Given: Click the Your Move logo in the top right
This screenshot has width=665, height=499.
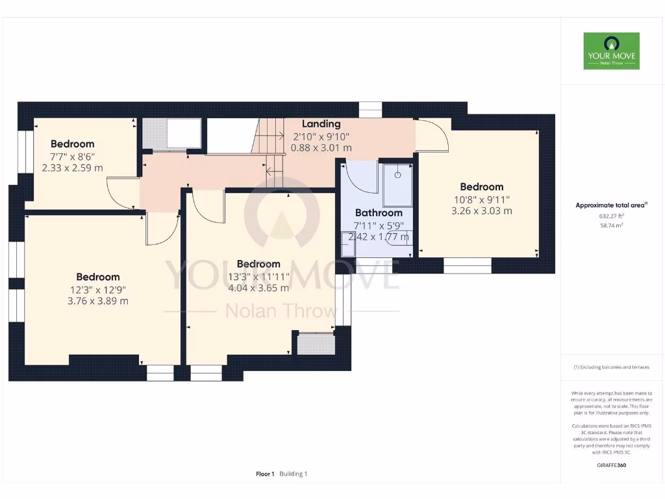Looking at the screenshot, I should [611, 51].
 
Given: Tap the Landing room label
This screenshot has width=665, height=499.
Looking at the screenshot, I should [321, 123].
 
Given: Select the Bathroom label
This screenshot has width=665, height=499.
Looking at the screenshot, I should [379, 212].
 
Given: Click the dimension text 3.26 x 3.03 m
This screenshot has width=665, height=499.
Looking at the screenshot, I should [481, 211].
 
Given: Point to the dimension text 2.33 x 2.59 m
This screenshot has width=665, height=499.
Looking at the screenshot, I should [72, 168].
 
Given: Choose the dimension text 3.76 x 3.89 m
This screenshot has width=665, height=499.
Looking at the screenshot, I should [97, 301].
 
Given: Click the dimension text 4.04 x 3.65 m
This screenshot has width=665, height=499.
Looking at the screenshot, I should [258, 288].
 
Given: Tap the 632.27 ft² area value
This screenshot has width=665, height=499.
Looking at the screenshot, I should [610, 216].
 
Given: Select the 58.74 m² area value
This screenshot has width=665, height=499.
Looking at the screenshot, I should [610, 225].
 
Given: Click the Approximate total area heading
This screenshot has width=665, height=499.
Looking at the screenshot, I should [610, 205].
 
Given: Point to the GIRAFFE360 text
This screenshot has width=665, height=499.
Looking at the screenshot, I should [610, 465].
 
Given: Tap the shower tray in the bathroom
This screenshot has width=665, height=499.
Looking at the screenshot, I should [397, 185].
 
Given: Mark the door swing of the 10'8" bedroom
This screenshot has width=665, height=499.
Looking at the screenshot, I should [432, 135].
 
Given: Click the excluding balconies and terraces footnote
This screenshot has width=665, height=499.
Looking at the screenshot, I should [610, 367].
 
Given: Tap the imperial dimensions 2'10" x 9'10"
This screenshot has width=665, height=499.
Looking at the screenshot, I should [321, 136].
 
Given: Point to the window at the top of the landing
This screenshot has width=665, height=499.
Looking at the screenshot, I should [370, 110].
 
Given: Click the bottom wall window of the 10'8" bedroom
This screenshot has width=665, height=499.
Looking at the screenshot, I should [468, 266].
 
